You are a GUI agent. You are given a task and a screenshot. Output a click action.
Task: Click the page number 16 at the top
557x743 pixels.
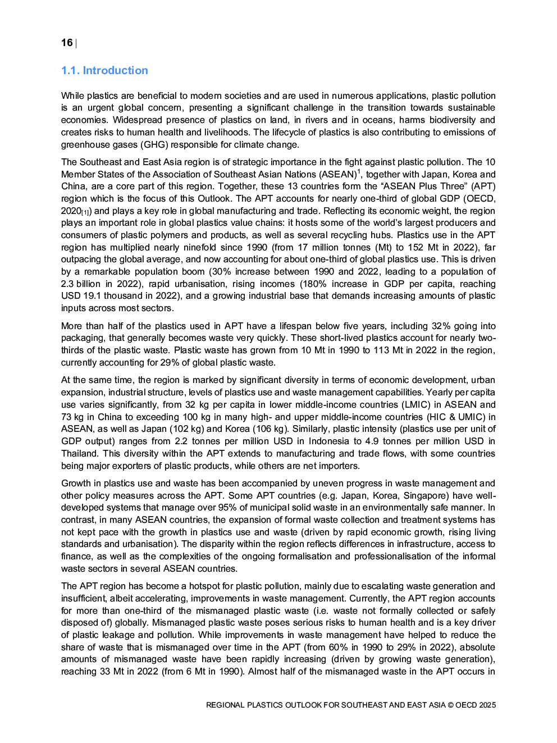click(67, 43)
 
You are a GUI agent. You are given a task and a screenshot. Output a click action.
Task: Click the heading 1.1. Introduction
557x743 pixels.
click(104, 71)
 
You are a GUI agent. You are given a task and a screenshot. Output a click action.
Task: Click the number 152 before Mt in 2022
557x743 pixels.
click(415, 247)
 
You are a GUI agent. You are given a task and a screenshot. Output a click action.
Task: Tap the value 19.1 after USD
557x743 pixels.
click(93, 296)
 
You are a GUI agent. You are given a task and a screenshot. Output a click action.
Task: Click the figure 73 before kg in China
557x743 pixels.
click(68, 417)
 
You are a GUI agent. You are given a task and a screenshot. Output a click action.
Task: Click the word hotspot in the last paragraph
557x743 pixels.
click(203, 586)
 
